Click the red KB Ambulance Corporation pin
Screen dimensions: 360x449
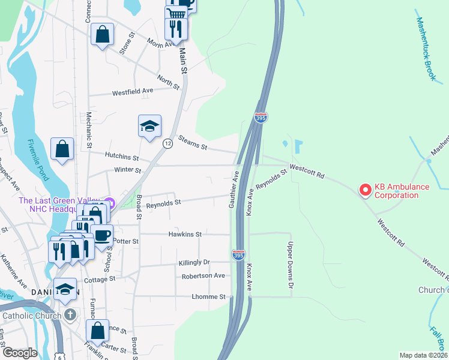click(364, 190)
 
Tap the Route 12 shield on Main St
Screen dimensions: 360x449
click(167, 143)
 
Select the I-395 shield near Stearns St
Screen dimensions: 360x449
click(261, 118)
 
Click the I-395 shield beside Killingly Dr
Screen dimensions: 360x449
click(239, 256)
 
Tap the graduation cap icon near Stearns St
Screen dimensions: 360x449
click(149, 126)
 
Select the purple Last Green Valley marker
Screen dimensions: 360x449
click(108, 201)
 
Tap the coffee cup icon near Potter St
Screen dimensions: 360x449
click(102, 235)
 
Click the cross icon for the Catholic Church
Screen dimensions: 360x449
click(70, 314)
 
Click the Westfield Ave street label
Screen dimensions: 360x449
click(133, 91)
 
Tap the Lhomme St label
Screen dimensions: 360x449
click(209, 296)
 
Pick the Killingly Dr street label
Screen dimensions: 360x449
click(194, 263)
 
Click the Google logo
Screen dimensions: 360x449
click(20, 353)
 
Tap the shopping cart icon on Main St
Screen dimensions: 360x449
click(175, 13)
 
